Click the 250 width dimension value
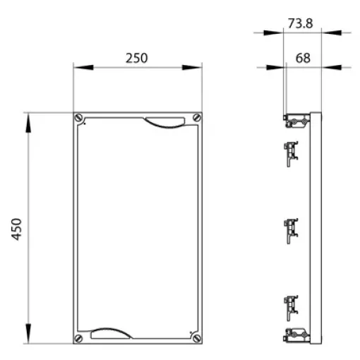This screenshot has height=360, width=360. [x=136, y=58]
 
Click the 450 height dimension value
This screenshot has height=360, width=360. [x=17, y=229]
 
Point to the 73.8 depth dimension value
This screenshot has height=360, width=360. [x=301, y=23]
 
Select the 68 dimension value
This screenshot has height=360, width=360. [x=303, y=58]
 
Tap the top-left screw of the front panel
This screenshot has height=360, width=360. [x=78, y=117]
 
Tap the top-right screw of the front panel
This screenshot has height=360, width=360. [x=197, y=117]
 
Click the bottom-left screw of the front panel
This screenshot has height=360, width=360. [x=78, y=338]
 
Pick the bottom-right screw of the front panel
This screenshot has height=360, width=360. [x=197, y=338]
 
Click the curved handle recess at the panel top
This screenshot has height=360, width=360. [x=164, y=123]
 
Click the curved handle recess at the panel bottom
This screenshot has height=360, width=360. [x=111, y=333]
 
